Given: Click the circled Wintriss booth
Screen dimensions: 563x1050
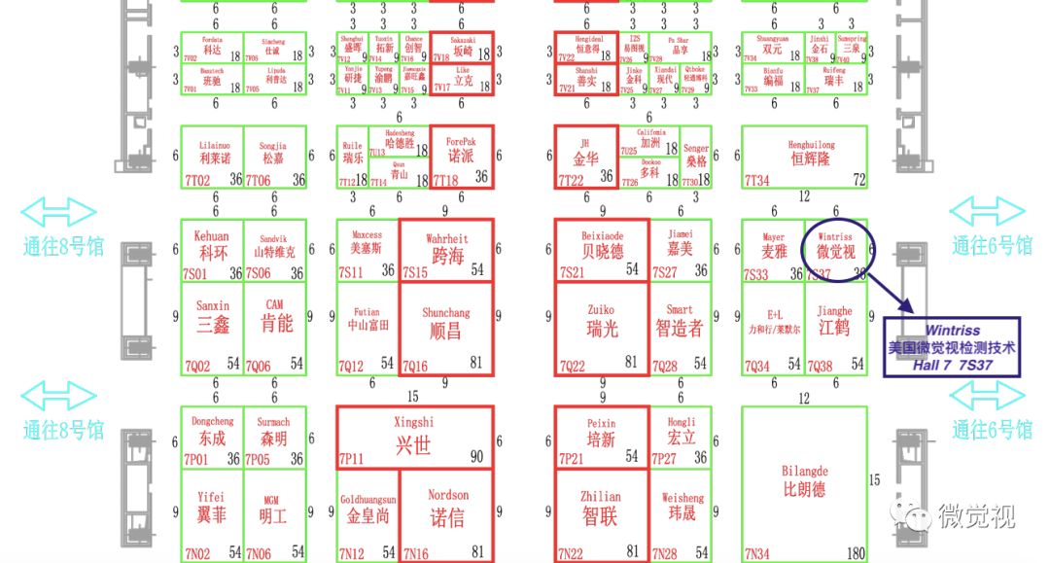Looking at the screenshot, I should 836,250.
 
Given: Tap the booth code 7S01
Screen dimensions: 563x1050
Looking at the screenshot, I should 196,274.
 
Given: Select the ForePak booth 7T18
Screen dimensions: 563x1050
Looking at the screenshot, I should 462,156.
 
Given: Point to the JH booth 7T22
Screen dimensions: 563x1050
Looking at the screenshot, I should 585,156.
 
